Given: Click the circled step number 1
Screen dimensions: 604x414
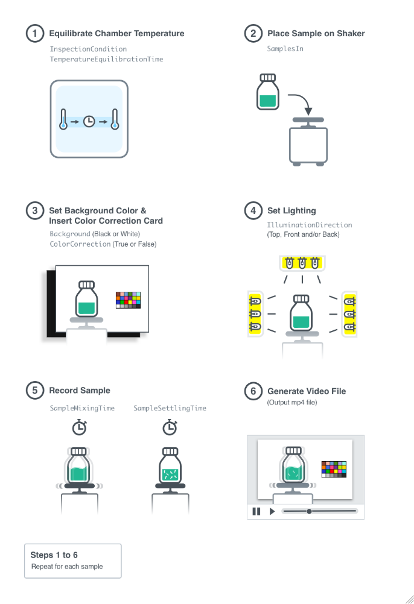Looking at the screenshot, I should (x=35, y=33).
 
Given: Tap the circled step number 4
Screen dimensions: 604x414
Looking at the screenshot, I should (x=253, y=211).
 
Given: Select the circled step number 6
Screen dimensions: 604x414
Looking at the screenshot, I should (x=253, y=391).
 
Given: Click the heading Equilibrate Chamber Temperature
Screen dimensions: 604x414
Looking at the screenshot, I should (x=116, y=33).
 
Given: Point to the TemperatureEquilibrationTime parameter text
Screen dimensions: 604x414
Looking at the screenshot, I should (x=106, y=60).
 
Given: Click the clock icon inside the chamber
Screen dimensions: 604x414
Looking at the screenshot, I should (x=89, y=121).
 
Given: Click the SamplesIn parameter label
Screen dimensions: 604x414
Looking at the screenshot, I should (x=285, y=48).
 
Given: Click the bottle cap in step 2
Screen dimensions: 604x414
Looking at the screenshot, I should (x=267, y=78).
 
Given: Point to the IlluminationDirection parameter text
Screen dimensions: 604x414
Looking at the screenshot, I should (x=309, y=225).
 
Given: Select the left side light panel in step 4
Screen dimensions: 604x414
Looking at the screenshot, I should (x=254, y=313).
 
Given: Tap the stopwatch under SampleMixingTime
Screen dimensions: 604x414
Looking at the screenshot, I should (x=79, y=427).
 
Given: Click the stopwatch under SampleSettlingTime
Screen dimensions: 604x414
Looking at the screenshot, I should (x=170, y=427).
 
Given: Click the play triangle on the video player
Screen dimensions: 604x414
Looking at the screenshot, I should (x=272, y=511).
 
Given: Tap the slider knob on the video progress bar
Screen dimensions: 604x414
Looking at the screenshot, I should (x=309, y=511).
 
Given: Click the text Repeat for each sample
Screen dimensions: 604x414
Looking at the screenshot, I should (x=67, y=567).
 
